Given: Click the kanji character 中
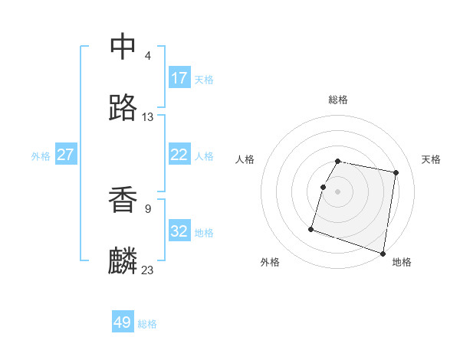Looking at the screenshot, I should coord(123,47).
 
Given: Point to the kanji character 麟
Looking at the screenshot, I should coord(123,261).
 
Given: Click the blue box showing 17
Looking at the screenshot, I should coord(179,77).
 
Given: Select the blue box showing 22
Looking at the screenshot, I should coord(179,154).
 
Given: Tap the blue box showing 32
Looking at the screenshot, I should coord(179,231).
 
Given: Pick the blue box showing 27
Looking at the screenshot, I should coord(66,154).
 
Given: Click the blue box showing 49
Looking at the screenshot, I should coord(123,322).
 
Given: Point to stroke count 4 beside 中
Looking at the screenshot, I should coord(148,56).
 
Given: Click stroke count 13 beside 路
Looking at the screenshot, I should coord(148,117).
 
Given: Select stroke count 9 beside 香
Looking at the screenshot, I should coord(148,208).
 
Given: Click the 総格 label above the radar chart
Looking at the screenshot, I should coord(338,100).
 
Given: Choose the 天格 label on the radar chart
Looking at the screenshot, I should coord(431,159).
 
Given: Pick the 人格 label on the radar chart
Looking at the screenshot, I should coord(245,159).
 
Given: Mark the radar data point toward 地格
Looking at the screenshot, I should coord(383,253).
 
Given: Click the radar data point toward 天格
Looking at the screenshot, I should coord(396,172).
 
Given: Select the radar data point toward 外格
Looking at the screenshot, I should coord(311,228).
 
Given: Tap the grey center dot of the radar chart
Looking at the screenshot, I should coord(338,191).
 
